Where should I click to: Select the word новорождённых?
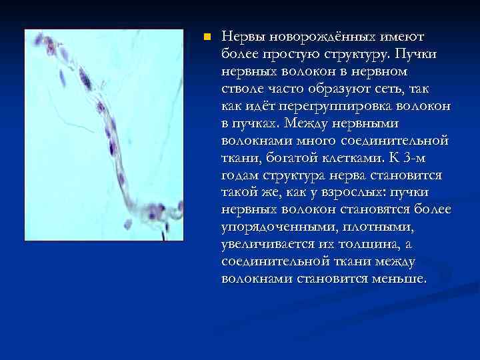(x=320, y=35)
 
